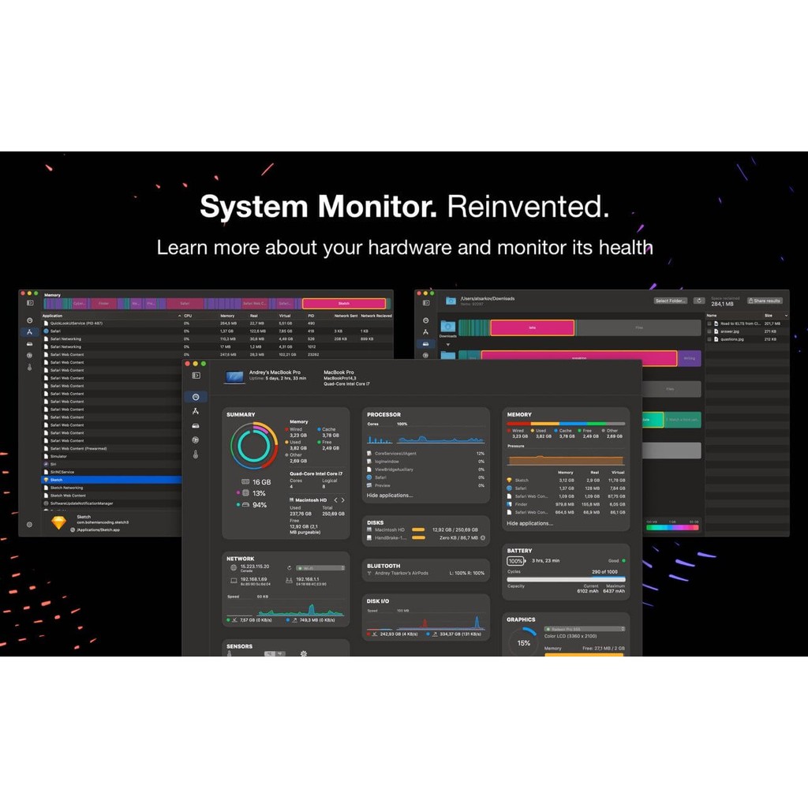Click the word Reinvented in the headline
tap(528, 207)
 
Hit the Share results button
tap(765, 301)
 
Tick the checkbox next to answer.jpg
tap(709, 332)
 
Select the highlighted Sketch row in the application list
tap(110, 480)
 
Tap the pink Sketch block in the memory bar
tap(344, 304)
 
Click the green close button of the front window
tap(204, 364)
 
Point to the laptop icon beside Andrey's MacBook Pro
tap(234, 377)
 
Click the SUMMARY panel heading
tap(241, 414)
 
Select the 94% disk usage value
tap(259, 504)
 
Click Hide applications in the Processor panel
tap(389, 496)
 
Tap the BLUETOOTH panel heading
tap(383, 566)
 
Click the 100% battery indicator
tap(515, 561)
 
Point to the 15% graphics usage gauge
tap(523, 643)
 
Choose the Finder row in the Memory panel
tap(522, 504)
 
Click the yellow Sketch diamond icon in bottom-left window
tap(58, 522)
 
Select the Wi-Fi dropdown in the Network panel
tap(320, 567)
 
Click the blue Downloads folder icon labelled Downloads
tap(448, 327)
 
